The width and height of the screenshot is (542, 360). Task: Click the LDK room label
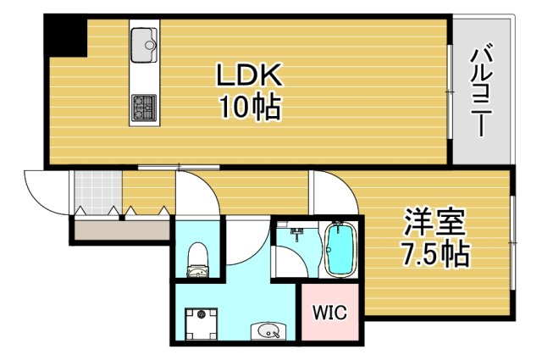click(248, 76)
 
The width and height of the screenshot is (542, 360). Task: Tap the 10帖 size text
click(248, 108)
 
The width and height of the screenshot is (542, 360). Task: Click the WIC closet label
click(331, 313)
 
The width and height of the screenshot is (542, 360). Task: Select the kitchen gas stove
click(143, 108)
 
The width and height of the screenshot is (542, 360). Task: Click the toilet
click(198, 258)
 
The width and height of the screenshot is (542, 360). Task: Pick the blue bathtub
click(340, 248)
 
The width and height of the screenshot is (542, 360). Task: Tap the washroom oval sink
click(266, 331)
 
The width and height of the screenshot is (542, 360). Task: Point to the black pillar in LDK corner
click(65, 36)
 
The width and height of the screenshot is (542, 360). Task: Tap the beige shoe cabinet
click(120, 227)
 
